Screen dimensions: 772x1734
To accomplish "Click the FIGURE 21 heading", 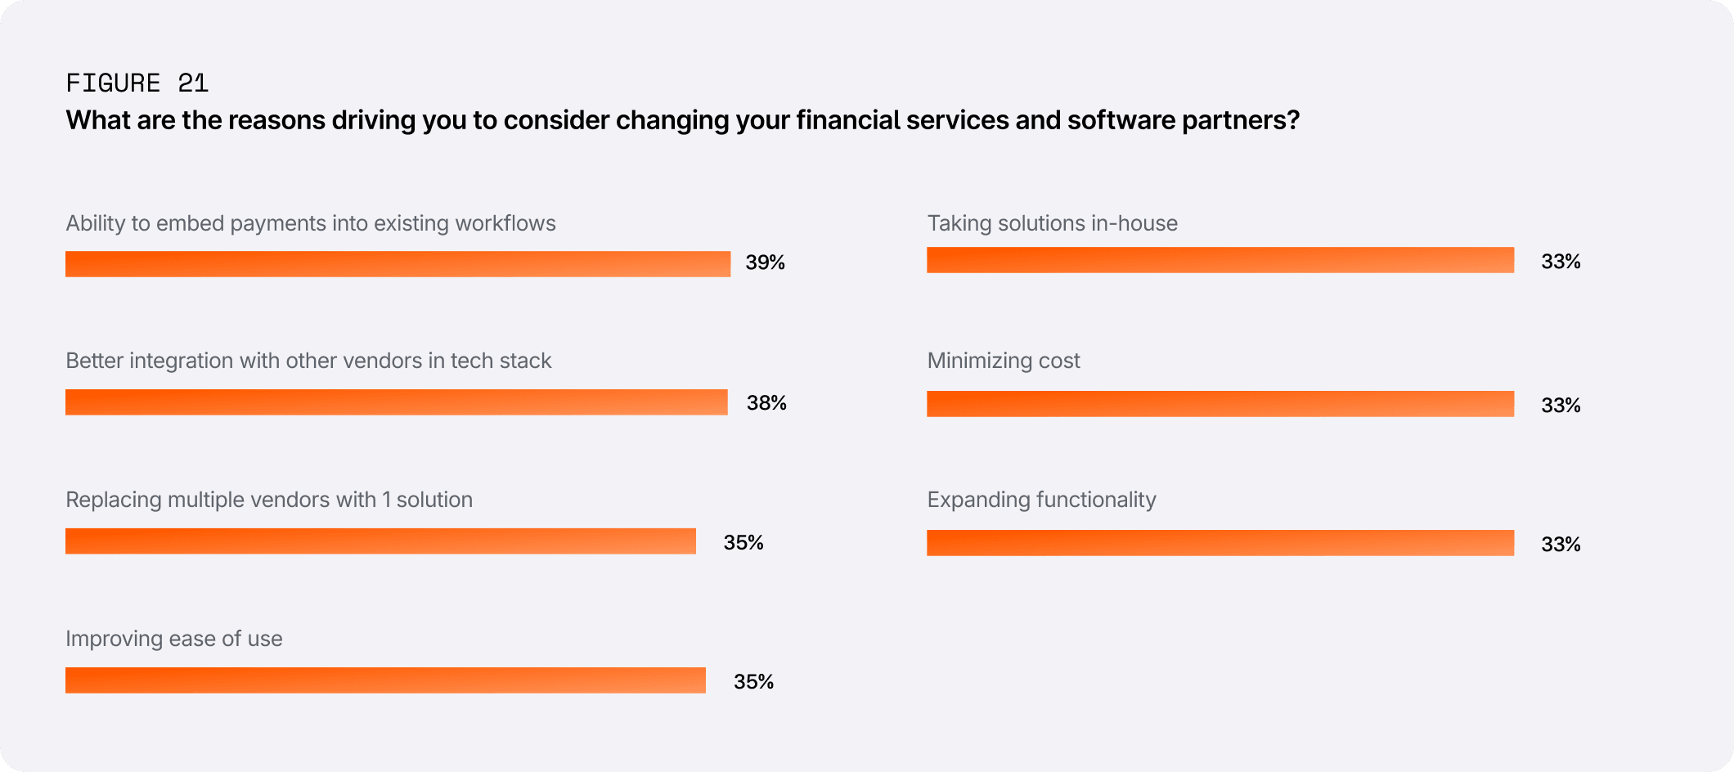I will (x=137, y=83).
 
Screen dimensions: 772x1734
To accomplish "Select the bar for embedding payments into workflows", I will (x=398, y=264).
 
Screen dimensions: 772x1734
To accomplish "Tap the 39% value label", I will (x=765, y=263).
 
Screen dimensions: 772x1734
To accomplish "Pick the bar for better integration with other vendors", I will (x=396, y=402).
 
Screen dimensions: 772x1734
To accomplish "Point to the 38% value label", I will (x=766, y=402).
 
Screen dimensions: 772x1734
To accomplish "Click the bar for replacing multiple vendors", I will (x=380, y=541).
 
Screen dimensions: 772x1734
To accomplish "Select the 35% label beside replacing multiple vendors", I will (x=743, y=542).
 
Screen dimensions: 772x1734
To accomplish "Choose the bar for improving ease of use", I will (x=385, y=680).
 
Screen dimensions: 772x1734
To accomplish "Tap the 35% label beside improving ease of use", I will (x=753, y=681).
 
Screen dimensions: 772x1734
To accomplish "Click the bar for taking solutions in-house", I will (x=1220, y=260).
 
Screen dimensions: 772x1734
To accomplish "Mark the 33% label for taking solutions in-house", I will (x=1561, y=262).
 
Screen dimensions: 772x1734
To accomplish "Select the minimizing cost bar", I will (x=1220, y=404).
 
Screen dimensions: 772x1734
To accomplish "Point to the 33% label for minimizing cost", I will (x=1561, y=405).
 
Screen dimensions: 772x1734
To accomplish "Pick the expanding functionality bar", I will (x=1220, y=543).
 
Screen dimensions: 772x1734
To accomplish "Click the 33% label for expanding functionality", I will (x=1561, y=544).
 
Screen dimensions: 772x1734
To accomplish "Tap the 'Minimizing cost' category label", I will (x=1004, y=361).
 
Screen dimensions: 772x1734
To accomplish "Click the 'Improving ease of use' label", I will (x=174, y=639).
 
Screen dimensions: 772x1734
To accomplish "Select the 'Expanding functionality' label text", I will (x=1041, y=500).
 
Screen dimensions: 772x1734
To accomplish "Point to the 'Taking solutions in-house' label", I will (x=1052, y=223).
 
